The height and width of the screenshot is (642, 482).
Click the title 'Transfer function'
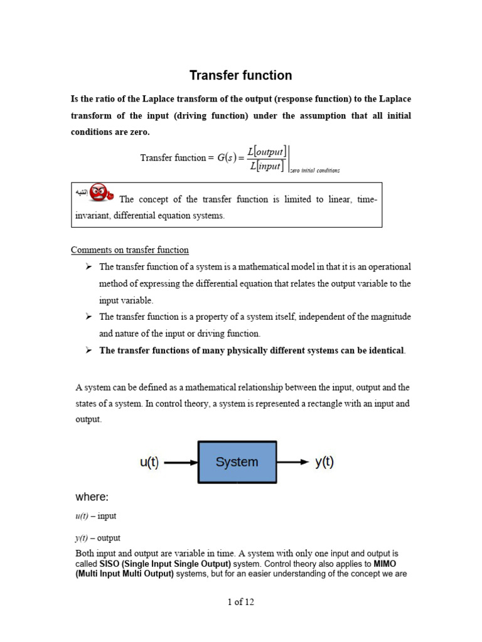coord(240,76)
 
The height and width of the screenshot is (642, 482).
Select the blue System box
coord(237,462)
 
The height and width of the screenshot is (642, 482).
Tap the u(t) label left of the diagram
coord(149,463)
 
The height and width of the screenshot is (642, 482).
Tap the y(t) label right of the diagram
coord(324,462)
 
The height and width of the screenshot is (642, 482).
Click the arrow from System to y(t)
coord(292,463)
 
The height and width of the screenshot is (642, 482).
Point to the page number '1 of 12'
coord(240,602)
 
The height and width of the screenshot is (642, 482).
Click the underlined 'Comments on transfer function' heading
coord(129,250)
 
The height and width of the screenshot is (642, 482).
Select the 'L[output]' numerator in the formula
coord(267,151)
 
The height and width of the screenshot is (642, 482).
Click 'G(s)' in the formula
coord(227,158)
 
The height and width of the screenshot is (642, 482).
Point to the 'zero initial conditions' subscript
coord(314,170)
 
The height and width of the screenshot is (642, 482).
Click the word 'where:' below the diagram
coord(92,497)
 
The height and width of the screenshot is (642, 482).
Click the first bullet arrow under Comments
coord(88,266)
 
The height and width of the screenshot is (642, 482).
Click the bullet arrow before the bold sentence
coord(88,350)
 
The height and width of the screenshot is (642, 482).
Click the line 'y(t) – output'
coord(98,538)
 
